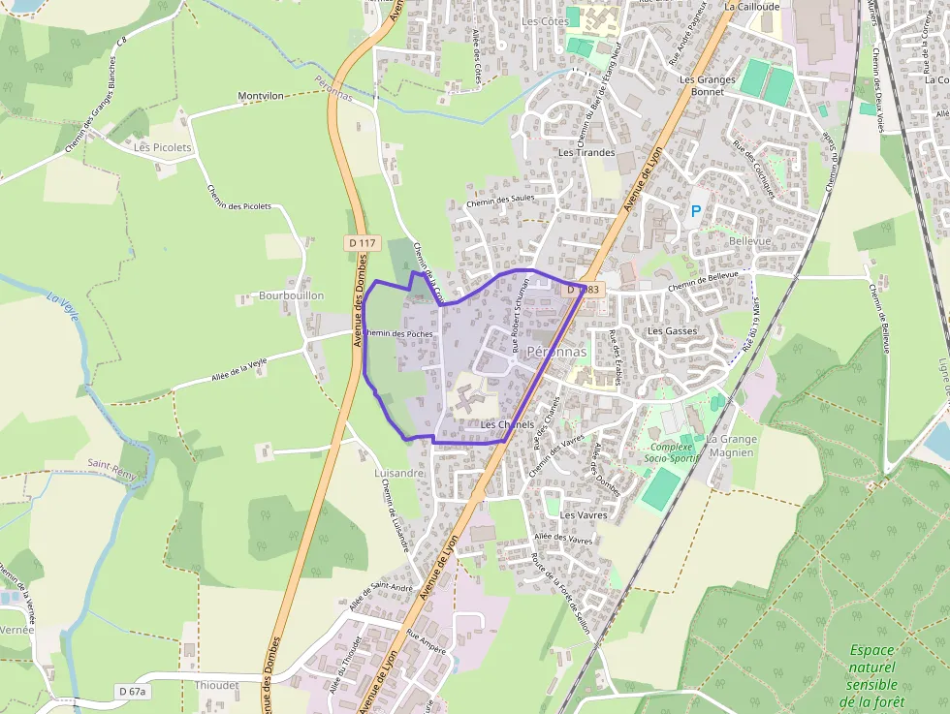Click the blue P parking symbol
(695, 210)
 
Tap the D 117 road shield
(364, 242)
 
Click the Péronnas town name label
(556, 352)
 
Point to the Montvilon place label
(261, 97)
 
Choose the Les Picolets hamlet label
(163, 148)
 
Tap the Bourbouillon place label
(291, 295)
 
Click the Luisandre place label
(398, 473)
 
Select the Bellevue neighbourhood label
(749, 239)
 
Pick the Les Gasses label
(672, 331)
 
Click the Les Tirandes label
(586, 153)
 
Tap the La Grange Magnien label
(732, 446)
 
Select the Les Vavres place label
(584, 515)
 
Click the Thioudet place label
(216, 684)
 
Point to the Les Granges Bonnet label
(708, 85)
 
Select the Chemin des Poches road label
(397, 333)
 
